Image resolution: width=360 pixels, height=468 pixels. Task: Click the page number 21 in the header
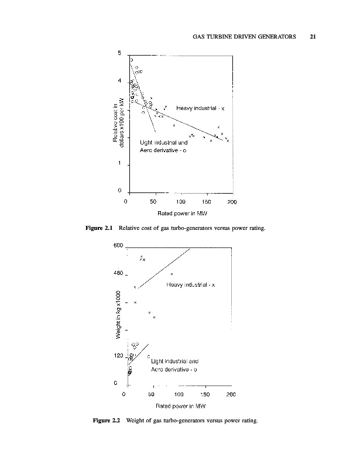(313, 37)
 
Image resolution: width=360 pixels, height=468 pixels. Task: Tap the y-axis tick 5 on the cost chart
(119, 54)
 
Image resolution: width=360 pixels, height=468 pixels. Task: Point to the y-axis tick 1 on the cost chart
(119, 164)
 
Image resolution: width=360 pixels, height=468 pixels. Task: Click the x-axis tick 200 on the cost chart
(232, 202)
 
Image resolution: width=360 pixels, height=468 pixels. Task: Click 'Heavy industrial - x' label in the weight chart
(191, 285)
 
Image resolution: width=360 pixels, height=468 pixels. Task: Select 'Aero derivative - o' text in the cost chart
(163, 150)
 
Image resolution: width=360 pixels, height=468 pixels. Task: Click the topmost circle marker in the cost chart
(131, 60)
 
